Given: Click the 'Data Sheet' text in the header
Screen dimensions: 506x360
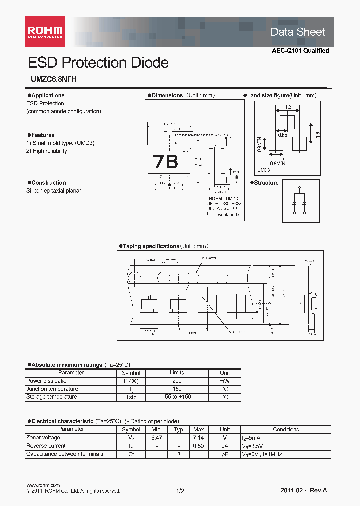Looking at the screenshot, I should [x=298, y=32].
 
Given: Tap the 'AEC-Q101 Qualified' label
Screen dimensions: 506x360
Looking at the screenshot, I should [x=300, y=51].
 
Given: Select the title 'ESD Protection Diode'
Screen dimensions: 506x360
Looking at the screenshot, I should [x=98, y=63].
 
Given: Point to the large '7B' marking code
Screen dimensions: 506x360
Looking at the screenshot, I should [x=165, y=162].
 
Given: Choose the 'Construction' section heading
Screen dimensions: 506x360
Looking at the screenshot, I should [x=49, y=183].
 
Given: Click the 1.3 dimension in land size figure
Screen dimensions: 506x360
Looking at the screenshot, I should [x=288, y=107].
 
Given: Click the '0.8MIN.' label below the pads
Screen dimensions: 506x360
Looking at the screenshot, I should [x=279, y=163].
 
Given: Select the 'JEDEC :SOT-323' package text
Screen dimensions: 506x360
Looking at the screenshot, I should [x=223, y=204].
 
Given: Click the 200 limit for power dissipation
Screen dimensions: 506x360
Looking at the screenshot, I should [x=177, y=381].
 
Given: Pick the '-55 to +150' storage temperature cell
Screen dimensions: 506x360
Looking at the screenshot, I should [x=177, y=397].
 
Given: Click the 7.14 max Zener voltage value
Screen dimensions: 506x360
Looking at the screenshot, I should [x=199, y=437].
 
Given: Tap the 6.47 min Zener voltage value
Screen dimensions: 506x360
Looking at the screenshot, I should [x=157, y=437].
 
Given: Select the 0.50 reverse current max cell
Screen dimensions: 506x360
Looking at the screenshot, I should [x=199, y=446].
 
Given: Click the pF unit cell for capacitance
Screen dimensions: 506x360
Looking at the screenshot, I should [x=225, y=454].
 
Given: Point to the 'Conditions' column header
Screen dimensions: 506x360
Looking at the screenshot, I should [x=286, y=429].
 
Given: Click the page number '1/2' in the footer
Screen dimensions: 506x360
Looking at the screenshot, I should [x=180, y=491].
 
